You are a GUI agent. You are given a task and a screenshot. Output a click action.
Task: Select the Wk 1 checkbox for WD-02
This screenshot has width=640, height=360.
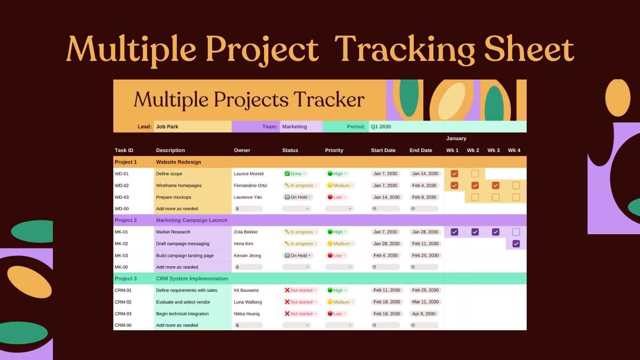point(454,185)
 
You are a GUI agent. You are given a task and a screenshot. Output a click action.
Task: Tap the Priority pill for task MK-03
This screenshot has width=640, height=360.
point(337,256)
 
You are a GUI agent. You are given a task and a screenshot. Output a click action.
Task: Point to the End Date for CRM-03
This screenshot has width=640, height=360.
point(424,314)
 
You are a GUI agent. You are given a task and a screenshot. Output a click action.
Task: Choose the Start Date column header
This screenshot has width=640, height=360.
point(383,150)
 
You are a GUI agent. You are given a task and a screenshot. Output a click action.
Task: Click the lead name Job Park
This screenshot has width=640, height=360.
point(167,127)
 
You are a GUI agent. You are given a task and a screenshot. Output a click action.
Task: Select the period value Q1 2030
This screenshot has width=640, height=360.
point(381,127)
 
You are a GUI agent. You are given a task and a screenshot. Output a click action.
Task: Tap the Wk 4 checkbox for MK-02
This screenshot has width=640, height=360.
point(516,244)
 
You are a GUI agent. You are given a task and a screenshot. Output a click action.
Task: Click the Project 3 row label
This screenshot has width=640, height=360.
point(126,279)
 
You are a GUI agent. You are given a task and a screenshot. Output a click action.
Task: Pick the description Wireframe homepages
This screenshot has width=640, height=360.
point(179,185)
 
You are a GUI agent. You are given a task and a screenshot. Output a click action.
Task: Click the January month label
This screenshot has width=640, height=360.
point(456,138)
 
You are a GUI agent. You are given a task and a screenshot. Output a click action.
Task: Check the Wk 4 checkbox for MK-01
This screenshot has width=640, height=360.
point(516,232)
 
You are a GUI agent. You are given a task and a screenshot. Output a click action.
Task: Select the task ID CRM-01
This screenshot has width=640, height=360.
point(123,290)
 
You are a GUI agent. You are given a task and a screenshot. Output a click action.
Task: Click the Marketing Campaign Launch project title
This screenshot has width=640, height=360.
point(192,220)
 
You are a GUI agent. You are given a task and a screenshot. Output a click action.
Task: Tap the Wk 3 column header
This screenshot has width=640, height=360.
point(493,150)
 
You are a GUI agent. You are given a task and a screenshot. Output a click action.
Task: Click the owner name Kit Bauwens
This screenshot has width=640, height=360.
point(246,290)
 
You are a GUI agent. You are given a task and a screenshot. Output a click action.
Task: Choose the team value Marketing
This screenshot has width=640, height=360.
point(294,127)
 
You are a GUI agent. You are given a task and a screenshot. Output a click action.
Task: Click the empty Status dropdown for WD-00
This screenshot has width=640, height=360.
point(296,208)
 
